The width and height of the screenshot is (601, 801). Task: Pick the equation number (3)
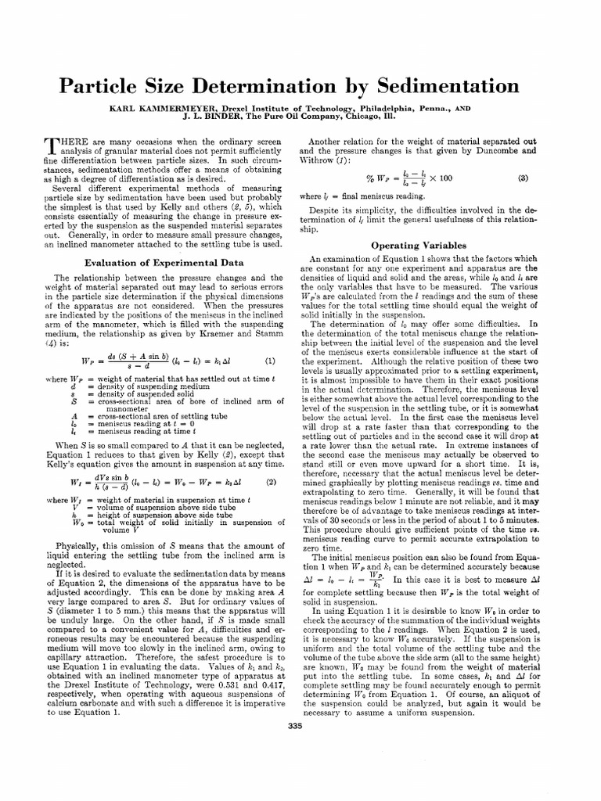click(x=523, y=178)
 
